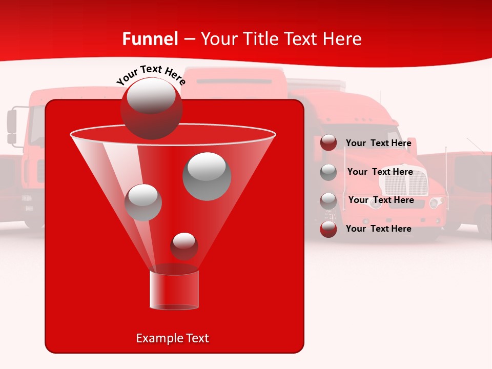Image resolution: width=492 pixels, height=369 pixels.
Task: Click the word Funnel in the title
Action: coord(150,39)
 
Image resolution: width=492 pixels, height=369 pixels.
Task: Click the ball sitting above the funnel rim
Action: coord(151,108)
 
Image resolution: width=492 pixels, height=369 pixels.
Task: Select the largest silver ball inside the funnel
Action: coord(207,176)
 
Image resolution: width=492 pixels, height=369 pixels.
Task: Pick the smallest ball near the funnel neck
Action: coord(184,246)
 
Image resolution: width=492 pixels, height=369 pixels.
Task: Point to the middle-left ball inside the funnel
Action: coord(143,202)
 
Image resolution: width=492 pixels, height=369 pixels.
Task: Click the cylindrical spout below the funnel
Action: coord(174,290)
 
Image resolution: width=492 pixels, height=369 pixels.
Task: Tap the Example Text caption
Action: coord(172,338)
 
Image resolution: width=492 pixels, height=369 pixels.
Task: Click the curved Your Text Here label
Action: coord(151,75)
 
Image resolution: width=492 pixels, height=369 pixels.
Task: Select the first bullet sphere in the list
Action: coord(329,143)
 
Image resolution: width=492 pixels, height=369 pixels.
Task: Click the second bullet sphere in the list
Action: coord(329,172)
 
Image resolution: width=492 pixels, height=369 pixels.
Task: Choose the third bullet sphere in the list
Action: coord(329,201)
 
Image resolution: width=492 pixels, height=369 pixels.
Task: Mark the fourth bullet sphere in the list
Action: coord(329,229)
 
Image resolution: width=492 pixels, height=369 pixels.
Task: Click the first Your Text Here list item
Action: coord(378,143)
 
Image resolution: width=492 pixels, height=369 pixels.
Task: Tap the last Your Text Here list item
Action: coord(378,229)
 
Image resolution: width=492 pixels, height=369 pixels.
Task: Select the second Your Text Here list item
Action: coord(380,172)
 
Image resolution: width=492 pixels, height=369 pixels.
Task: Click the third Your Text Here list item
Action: coord(381,200)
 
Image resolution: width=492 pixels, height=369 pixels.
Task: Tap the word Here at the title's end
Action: coord(342,39)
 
